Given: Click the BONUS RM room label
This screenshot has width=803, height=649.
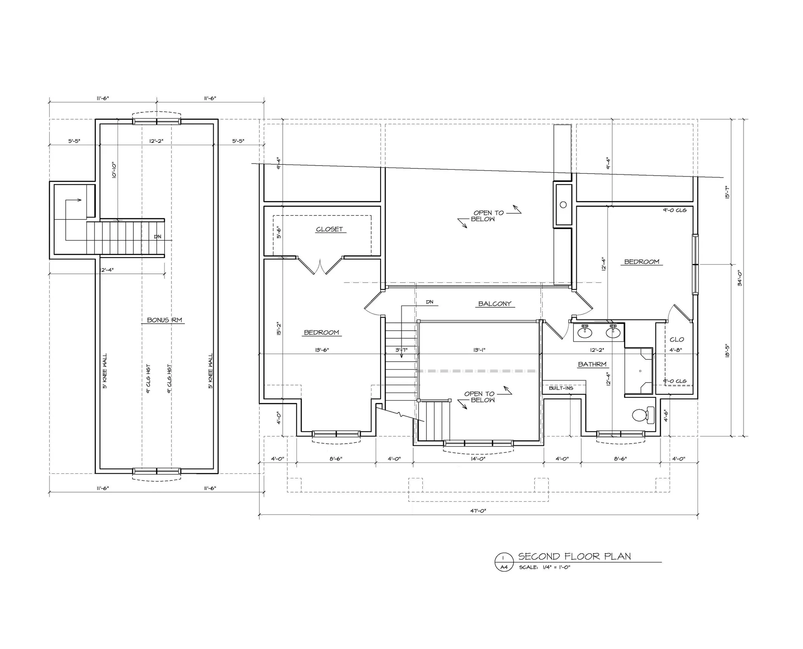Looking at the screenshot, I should pos(164,320).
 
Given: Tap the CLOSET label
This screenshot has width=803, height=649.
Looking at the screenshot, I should pos(330,229).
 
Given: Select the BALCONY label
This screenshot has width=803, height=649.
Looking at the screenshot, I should pos(495,304).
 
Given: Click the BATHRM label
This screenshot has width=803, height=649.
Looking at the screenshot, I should pos(592,364).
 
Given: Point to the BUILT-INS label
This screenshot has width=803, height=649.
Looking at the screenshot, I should pos(561,388).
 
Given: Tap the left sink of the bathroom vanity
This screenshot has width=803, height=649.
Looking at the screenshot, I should pos(585,332).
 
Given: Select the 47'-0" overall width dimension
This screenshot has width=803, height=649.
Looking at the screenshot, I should pos(478,511).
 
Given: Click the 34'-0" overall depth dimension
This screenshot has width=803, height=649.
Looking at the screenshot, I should pos(739,277).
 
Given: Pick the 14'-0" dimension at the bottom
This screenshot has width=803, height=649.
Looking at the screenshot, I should pos(478,459).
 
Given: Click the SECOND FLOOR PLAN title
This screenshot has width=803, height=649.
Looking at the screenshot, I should pos(574,556).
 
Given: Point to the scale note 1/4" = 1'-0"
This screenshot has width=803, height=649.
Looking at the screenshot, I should pos(545,567).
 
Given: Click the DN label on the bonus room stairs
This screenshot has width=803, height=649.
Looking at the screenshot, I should pos(157,237).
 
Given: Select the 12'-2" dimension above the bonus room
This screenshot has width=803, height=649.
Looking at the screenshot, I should pos(156,141).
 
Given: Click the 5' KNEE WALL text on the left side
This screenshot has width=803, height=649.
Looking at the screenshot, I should pos(105,371).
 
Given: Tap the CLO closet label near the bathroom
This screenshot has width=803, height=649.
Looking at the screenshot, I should pos(677,340).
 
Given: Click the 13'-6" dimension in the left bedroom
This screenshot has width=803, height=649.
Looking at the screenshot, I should pos(322,350).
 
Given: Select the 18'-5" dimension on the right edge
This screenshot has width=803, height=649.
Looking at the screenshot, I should pos(727,350).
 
